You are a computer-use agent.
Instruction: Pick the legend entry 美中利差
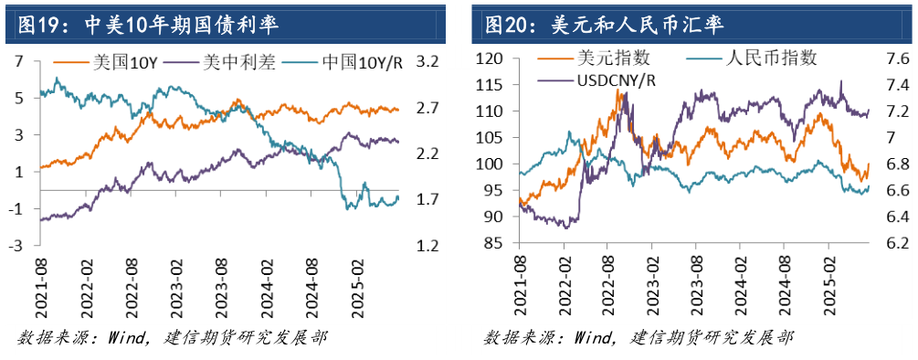230,64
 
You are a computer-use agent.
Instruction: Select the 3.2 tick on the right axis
428,61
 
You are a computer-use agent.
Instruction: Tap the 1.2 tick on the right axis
428,246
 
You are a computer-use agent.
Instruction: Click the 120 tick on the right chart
492,58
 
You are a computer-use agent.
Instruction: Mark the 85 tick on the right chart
496,244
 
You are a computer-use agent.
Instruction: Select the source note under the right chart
638,338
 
